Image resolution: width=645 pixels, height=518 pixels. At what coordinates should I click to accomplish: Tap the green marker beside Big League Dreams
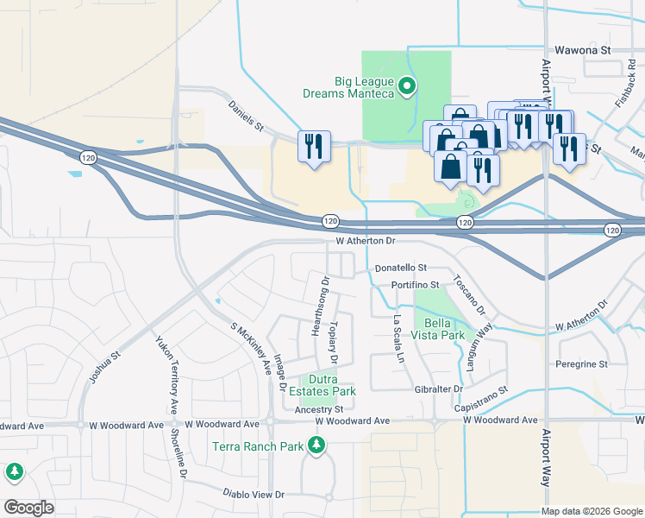click(410, 86)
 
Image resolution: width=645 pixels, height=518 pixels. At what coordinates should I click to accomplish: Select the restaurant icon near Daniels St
click(314, 146)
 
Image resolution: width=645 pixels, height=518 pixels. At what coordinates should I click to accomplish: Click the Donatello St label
click(401, 268)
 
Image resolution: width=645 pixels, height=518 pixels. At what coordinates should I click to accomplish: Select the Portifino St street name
click(416, 284)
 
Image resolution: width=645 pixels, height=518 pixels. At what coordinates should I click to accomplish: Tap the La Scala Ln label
click(398, 332)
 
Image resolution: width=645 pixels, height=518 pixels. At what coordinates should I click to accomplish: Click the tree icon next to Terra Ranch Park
click(317, 445)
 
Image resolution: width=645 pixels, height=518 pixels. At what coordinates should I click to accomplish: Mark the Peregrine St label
click(581, 364)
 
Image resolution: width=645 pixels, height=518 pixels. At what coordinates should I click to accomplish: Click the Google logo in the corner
click(28, 507)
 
